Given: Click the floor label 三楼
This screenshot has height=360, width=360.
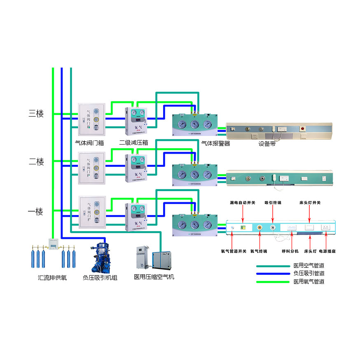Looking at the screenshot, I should (36, 114).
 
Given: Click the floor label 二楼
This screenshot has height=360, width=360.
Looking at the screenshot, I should (36, 162).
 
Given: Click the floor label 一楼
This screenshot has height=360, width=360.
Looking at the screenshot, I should (35, 212).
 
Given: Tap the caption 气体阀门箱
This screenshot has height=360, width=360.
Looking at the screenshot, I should (89, 143).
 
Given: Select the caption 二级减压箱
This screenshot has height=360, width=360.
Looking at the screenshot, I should (133, 143).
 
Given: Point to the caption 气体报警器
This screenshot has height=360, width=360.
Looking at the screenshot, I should (215, 143).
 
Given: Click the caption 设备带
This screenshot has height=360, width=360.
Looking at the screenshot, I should (267, 144).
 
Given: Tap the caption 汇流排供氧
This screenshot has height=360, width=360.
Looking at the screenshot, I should (52, 278).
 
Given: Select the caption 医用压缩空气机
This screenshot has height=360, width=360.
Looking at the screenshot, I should (154, 277).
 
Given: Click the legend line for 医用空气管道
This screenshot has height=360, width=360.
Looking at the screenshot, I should (273, 266).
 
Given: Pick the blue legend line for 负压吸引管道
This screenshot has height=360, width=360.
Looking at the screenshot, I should (273, 274).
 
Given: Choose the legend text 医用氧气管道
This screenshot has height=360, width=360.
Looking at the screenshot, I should (309, 282).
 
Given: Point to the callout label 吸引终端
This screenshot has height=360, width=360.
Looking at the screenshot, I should (273, 203).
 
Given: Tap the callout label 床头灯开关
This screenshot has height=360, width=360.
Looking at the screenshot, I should (310, 203).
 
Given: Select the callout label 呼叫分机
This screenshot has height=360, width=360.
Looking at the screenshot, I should (290, 251).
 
